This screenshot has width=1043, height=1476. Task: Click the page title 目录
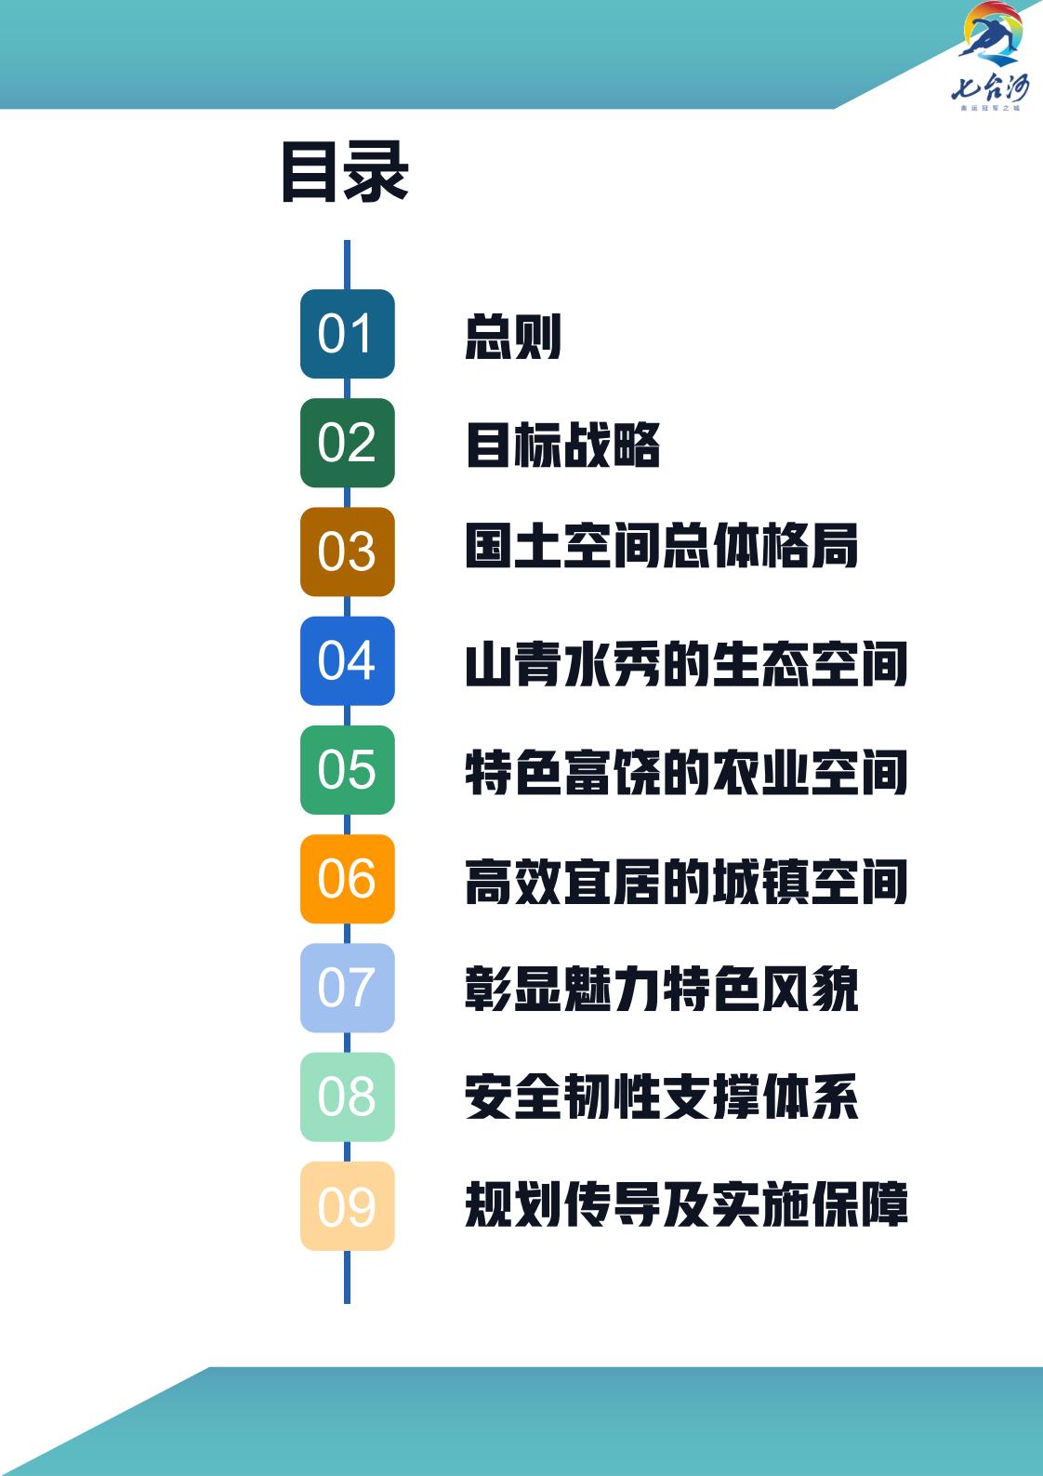[345, 172]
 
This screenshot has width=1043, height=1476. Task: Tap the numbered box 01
[347, 334]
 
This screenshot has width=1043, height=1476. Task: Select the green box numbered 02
[347, 443]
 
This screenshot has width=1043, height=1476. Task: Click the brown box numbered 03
[347, 552]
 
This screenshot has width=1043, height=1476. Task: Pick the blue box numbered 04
[347, 660]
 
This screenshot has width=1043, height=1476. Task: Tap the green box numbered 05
[347, 769]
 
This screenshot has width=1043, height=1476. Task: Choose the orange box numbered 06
[347, 878]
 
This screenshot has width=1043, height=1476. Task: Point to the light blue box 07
[347, 987]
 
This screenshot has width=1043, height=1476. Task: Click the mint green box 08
[347, 1097]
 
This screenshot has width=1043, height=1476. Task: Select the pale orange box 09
[347, 1205]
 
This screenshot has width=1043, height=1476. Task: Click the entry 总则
[513, 336]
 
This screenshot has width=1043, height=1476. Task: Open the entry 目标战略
[562, 445]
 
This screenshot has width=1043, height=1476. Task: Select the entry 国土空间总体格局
[661, 546]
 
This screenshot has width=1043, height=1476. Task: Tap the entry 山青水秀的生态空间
[686, 665]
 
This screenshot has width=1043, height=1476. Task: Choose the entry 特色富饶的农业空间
[686, 774]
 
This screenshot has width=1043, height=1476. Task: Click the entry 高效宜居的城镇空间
[686, 883]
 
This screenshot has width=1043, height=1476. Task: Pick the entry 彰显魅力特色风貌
[661, 989]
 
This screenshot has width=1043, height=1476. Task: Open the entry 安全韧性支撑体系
[661, 1097]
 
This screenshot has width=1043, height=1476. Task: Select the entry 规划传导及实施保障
[686, 1205]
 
